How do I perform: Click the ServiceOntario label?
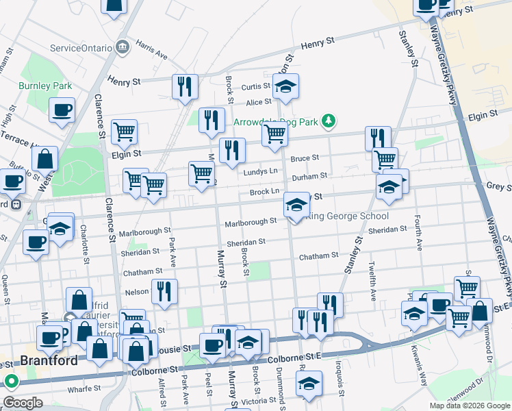[82, 49]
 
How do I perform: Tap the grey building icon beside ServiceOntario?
[123, 47]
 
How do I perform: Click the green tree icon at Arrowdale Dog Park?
[329, 121]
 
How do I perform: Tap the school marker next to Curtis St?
[285, 86]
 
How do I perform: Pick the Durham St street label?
[310, 176]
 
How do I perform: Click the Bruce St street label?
[305, 158]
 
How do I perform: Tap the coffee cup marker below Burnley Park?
[62, 110]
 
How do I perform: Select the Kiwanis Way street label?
[422, 338]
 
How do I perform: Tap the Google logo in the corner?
[23, 403]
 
